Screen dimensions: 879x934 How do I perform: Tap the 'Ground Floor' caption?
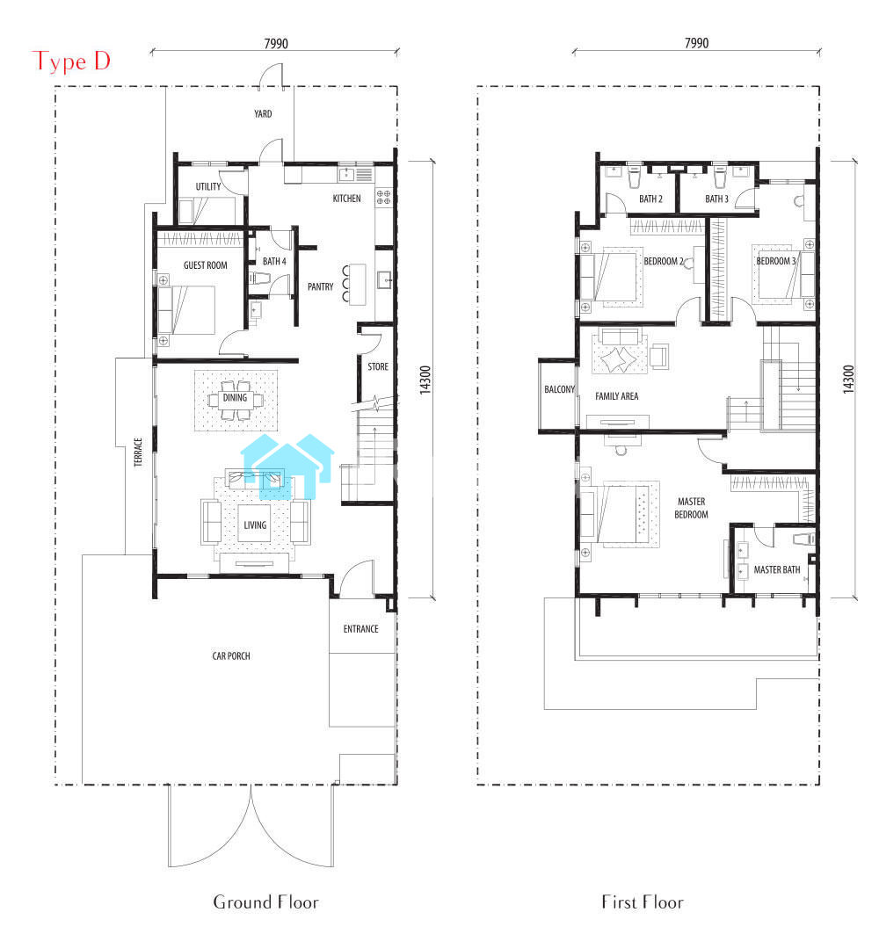click(265, 901)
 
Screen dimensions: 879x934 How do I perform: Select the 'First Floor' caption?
click(643, 901)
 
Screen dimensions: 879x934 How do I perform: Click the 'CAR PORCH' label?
click(231, 655)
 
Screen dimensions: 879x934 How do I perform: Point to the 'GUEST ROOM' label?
click(205, 265)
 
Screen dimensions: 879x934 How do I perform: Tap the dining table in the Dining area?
click(236, 399)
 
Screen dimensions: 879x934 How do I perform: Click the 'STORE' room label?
click(378, 366)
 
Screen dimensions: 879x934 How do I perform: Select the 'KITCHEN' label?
click(347, 199)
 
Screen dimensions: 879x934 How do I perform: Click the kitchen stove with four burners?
click(383, 197)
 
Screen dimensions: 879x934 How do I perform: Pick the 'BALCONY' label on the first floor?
click(559, 389)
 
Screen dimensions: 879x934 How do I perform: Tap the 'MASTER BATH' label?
click(776, 569)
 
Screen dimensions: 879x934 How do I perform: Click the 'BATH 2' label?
click(650, 199)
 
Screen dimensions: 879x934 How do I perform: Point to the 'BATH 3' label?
click(716, 199)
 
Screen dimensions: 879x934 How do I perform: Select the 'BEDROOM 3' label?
click(776, 261)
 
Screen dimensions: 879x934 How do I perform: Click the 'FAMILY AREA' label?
click(617, 396)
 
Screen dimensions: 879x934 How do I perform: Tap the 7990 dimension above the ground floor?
click(276, 43)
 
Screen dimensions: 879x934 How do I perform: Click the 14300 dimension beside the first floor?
click(848, 379)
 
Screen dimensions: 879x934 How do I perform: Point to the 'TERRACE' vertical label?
click(138, 453)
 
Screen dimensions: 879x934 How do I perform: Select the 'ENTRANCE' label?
click(360, 629)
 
